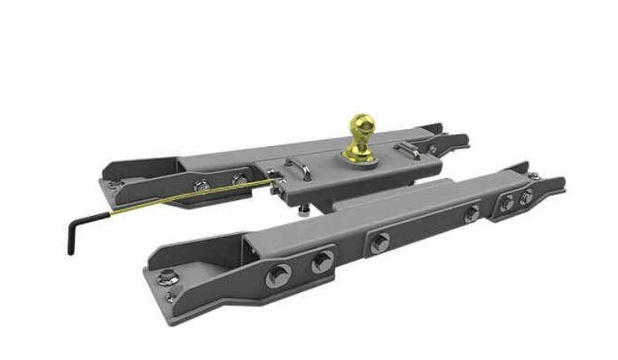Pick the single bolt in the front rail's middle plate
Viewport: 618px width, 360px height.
[380, 243]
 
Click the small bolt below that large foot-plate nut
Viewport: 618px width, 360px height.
[170, 297]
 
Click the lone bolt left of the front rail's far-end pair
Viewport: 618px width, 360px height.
[472, 214]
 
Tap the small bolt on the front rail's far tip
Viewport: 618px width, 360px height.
[536, 176]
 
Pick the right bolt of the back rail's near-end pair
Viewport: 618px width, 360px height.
[239, 180]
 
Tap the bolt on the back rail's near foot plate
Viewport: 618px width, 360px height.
[114, 184]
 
